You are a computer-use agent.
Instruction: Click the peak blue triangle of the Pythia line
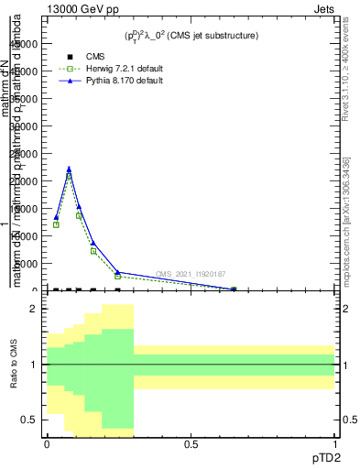pyautogui.click(x=69, y=169)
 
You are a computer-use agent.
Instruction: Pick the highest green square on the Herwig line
pyautogui.click(x=69, y=176)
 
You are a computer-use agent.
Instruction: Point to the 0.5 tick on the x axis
pyautogui.click(x=191, y=443)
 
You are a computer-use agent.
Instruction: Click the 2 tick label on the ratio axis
pyautogui.click(x=34, y=310)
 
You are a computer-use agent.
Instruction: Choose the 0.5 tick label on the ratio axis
pyautogui.click(x=29, y=420)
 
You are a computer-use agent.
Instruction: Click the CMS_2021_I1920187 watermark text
pyautogui.click(x=190, y=274)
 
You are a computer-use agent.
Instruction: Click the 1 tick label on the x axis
pyautogui.click(x=334, y=443)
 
